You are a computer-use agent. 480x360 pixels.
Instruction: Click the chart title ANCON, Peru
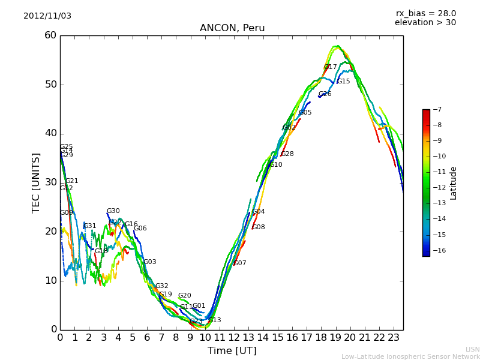(x=232, y=28)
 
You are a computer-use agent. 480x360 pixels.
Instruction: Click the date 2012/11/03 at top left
(x=47, y=16)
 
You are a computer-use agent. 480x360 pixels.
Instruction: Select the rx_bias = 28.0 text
(x=425, y=13)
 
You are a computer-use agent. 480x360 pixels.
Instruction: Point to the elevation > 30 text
(x=425, y=23)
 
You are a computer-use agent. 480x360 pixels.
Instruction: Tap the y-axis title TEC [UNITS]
(x=36, y=182)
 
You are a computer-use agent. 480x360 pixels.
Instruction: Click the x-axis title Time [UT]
(x=232, y=350)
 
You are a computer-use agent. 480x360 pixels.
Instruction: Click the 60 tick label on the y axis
(x=50, y=35)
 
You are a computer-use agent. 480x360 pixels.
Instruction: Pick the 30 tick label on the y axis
(x=50, y=182)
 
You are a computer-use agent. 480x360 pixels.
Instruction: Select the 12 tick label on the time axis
(x=234, y=338)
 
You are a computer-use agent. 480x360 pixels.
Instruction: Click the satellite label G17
(x=330, y=67)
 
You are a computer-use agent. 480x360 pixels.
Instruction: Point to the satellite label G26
(x=325, y=94)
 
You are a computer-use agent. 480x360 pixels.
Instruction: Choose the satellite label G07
(x=240, y=263)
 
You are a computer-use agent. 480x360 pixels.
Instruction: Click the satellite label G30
(x=113, y=211)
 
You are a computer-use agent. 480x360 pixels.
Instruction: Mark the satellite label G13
(x=214, y=320)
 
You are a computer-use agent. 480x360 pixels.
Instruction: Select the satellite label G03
(x=149, y=262)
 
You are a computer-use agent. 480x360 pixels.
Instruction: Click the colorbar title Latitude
(x=454, y=182)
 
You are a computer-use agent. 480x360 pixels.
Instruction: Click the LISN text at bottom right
(x=472, y=349)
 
